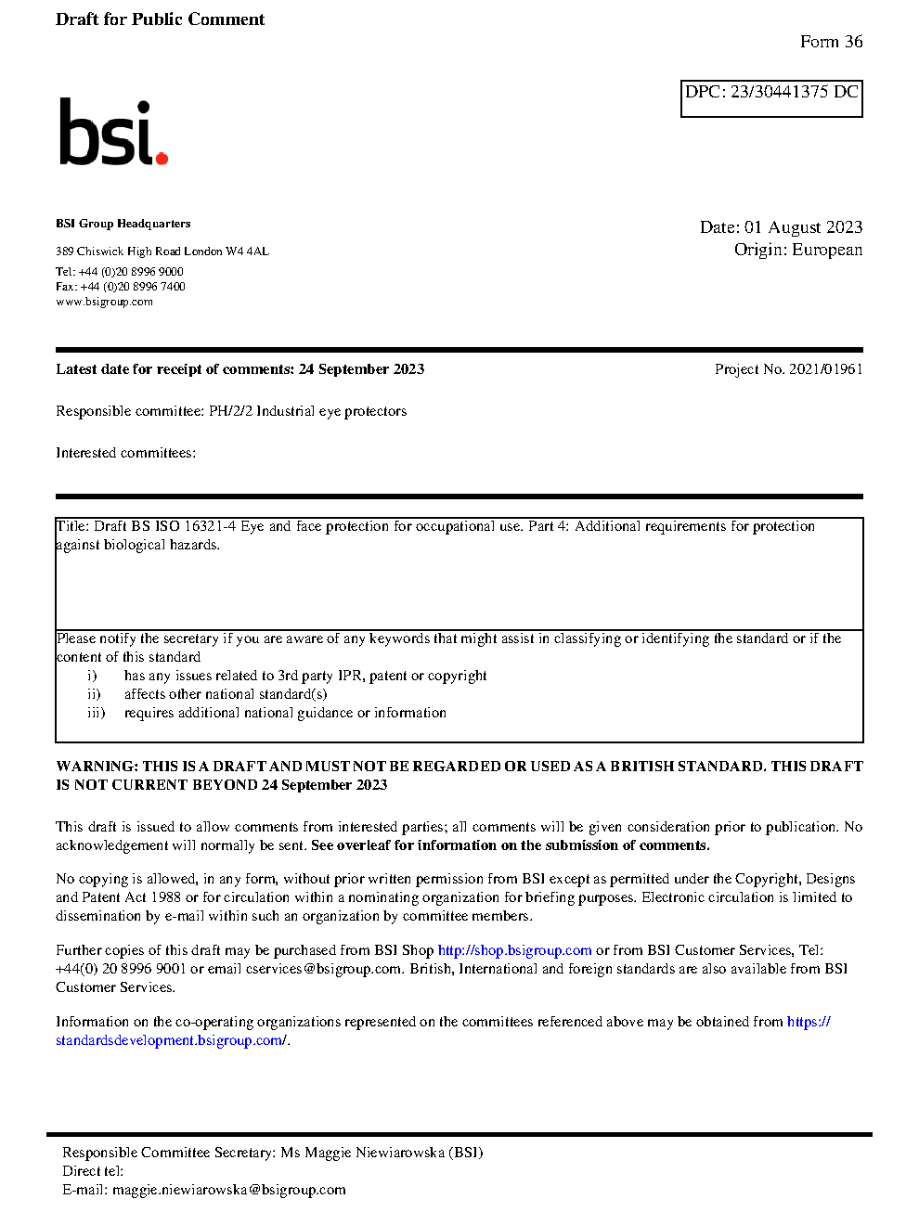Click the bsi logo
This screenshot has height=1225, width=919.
[x=112, y=133]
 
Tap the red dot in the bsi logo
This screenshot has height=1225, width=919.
[x=162, y=158]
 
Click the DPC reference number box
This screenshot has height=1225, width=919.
[x=771, y=98]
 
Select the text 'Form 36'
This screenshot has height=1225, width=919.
[x=831, y=42]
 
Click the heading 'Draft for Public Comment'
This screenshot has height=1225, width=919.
[x=160, y=19]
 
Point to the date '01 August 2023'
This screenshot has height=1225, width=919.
[x=803, y=227]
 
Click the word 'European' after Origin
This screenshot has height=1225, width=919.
[x=827, y=250]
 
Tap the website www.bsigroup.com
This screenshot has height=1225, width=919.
[x=104, y=302]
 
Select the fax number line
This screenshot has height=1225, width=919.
[x=121, y=287]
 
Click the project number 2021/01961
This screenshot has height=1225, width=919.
[x=825, y=369]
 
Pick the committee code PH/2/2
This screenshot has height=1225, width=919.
[x=230, y=411]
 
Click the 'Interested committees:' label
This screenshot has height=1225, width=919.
[x=125, y=453]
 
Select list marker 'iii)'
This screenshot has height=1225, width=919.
[x=97, y=713]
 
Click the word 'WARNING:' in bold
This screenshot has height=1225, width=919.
[x=97, y=767]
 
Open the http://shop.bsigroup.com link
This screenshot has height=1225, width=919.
[x=514, y=950]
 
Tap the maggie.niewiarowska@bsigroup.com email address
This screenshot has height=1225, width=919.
[x=228, y=1190]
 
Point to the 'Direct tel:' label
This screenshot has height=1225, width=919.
[x=93, y=1171]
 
